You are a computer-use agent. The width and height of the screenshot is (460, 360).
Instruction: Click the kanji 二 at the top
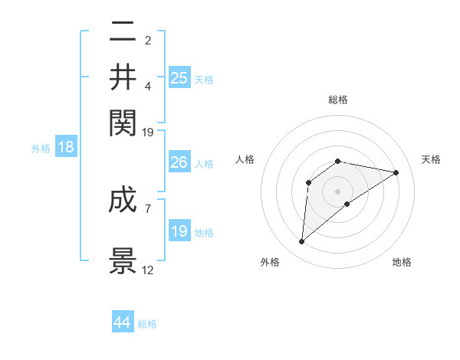[x=123, y=33]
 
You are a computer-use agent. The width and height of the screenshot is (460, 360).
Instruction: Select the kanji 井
[x=123, y=77]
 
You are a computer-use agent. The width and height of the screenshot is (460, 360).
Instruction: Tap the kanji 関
[x=123, y=121]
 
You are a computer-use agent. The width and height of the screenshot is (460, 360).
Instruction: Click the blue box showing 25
[x=179, y=77]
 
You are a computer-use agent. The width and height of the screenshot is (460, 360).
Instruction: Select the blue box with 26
[x=179, y=162]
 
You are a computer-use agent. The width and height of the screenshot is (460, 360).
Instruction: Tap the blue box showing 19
[x=179, y=231]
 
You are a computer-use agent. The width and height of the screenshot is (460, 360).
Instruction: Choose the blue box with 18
[x=66, y=148]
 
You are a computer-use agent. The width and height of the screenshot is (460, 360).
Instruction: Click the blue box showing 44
[x=123, y=322]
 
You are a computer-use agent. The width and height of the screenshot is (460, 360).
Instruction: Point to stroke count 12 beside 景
[x=148, y=271]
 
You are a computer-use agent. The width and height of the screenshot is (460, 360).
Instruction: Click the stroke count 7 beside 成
[x=148, y=208]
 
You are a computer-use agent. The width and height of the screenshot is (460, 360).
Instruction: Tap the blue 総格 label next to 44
[x=147, y=324]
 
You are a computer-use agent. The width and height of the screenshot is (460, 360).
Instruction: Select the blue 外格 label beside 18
[x=41, y=149]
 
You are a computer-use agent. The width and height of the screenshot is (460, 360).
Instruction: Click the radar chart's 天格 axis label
[x=431, y=159]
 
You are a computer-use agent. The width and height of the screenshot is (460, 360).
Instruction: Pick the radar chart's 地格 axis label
[x=402, y=262]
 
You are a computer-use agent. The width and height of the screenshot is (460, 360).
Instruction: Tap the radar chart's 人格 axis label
[x=245, y=159]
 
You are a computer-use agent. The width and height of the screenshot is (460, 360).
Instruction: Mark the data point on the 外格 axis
[x=301, y=242]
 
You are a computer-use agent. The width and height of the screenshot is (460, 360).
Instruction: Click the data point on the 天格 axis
[x=396, y=172]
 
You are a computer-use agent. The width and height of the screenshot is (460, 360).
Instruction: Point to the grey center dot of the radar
[x=338, y=191]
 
